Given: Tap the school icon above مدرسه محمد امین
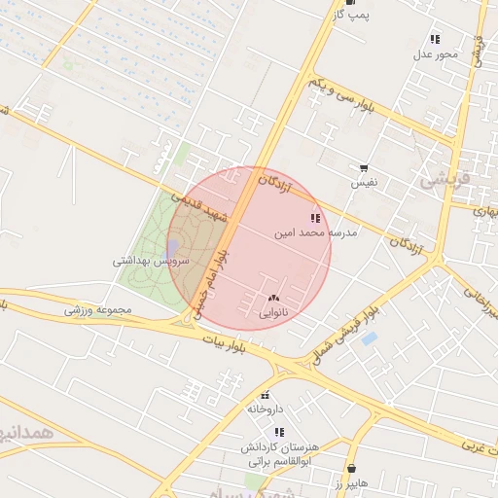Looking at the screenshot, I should pos(313,219).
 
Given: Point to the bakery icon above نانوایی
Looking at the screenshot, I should pos(272,298).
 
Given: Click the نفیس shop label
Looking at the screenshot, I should pos(364,183).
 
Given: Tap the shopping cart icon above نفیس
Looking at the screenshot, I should pos(364,168).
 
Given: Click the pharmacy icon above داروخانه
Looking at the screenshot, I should pos(265,396).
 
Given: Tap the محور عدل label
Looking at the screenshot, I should pos(435,54).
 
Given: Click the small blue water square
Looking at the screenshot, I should pos(369,339).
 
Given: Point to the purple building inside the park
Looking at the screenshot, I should pos(172,249).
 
